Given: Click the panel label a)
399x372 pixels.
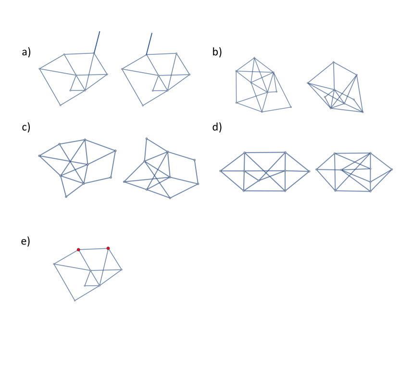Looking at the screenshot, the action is click(x=26, y=52).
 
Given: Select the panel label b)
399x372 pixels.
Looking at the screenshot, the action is click(x=217, y=52).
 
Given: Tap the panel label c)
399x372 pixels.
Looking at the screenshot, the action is click(x=26, y=127).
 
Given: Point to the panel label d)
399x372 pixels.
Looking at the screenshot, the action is click(x=217, y=127).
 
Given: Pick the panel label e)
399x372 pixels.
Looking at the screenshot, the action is click(x=26, y=241).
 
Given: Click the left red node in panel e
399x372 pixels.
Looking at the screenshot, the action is click(x=78, y=249).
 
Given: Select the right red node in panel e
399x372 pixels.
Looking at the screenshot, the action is click(x=108, y=248).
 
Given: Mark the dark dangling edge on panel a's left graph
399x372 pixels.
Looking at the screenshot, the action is click(x=97, y=42).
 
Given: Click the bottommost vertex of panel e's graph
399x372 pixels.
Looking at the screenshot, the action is click(x=75, y=300).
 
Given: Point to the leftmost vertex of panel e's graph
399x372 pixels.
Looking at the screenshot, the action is click(x=54, y=264).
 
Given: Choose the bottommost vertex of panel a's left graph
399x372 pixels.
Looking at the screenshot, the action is click(x=60, y=105).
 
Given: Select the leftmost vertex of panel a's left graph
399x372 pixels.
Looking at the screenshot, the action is click(x=39, y=69).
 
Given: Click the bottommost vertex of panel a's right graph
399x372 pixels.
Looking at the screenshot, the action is click(x=142, y=105).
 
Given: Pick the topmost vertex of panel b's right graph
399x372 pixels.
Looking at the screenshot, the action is click(x=333, y=62).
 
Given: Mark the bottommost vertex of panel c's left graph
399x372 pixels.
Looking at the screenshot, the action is click(x=66, y=197).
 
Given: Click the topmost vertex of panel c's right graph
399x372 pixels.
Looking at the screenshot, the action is click(x=147, y=139).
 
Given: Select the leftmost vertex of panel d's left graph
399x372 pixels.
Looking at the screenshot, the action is click(x=221, y=171).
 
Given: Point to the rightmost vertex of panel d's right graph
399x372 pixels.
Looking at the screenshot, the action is click(x=392, y=169).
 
